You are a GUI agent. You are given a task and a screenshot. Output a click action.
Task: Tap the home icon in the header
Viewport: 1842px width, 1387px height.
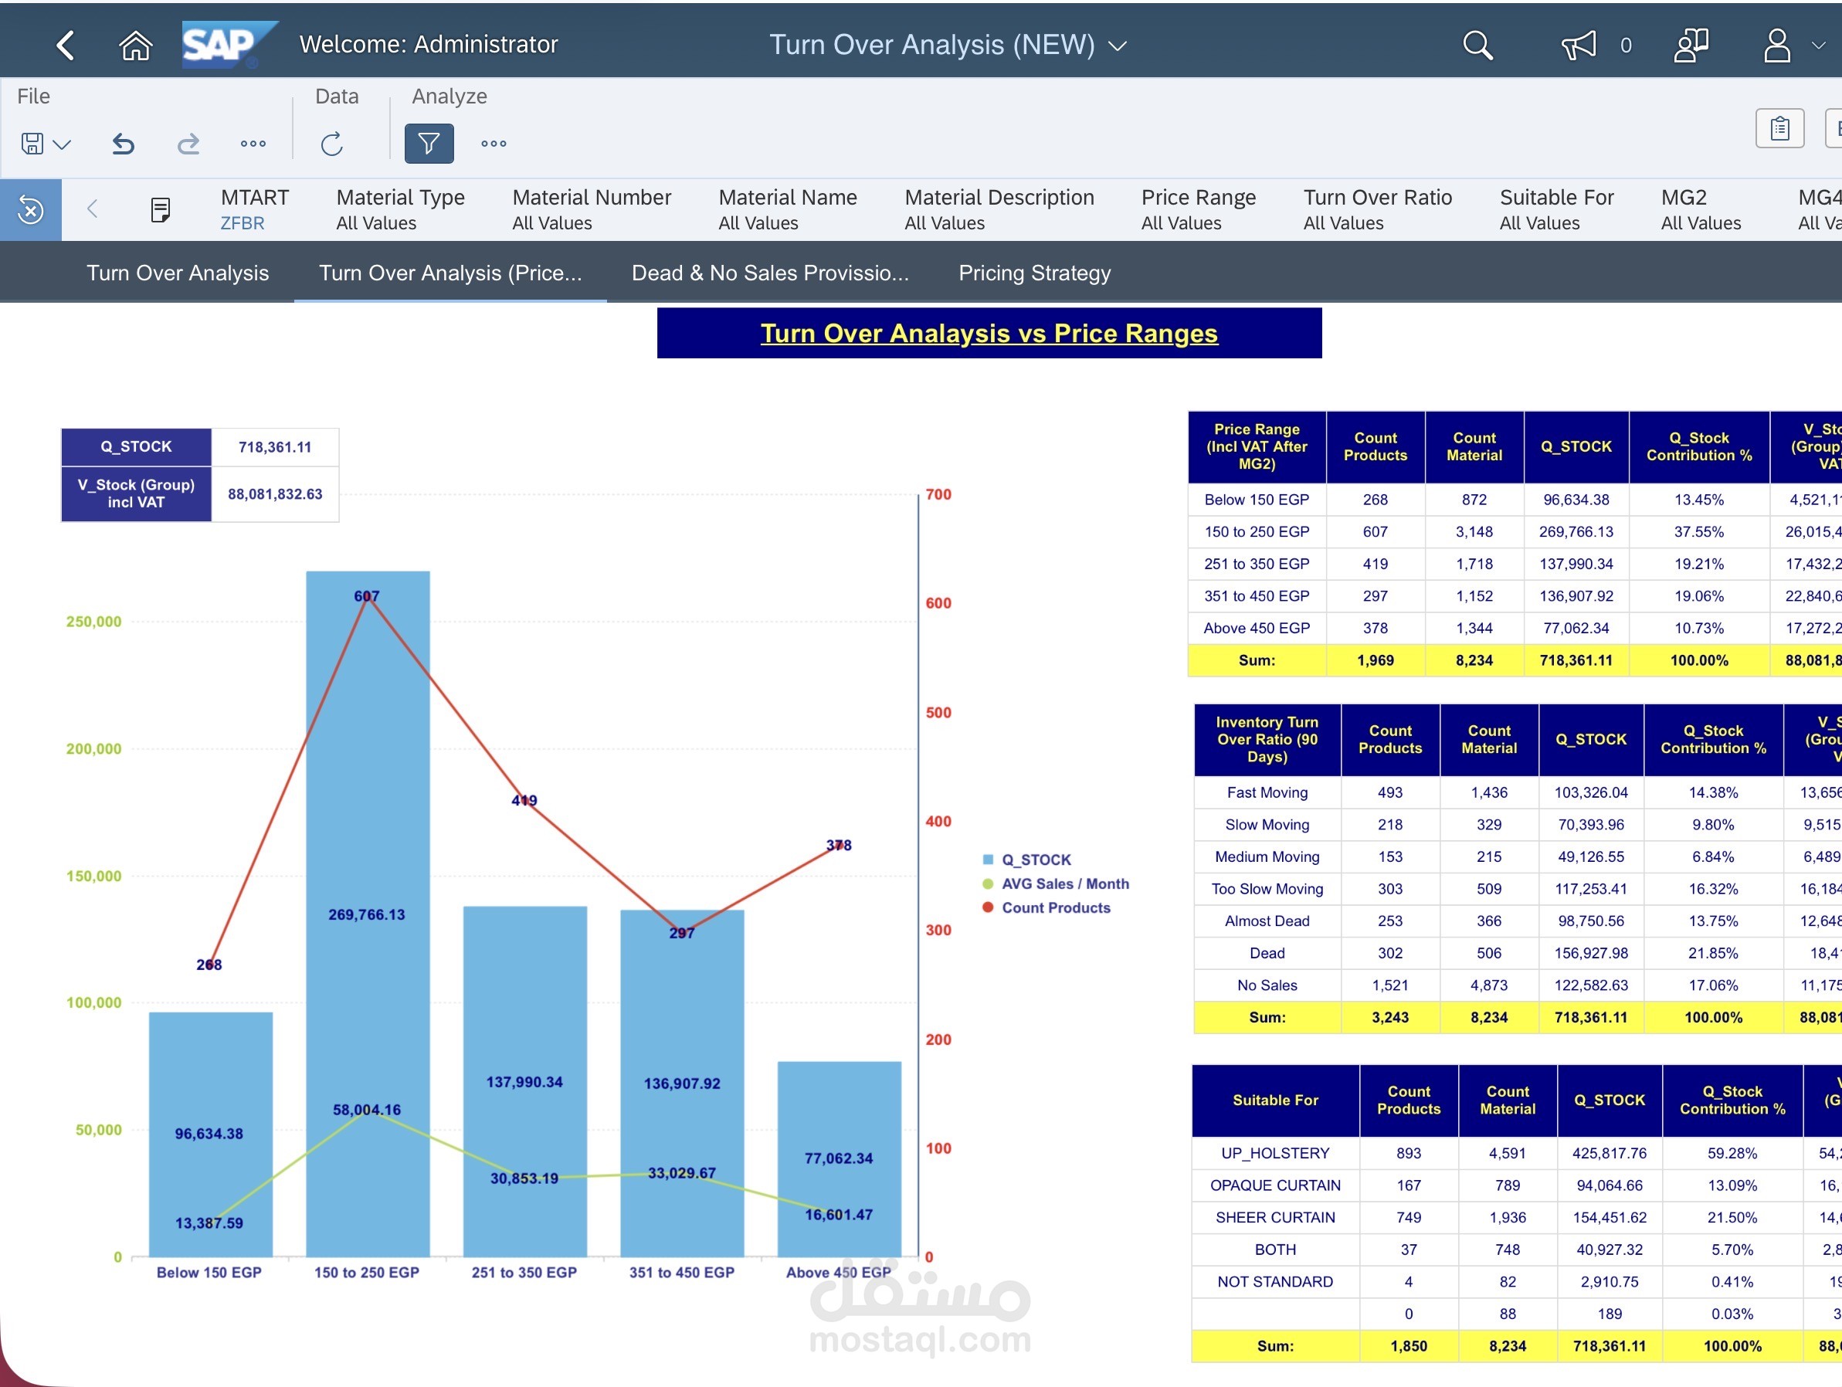136,45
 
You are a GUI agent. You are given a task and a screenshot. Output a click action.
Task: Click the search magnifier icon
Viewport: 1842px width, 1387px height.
1477,45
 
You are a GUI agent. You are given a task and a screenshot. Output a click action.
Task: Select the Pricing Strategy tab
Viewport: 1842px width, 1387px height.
1034,273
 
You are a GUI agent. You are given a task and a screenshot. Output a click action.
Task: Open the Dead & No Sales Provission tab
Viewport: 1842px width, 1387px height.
769,273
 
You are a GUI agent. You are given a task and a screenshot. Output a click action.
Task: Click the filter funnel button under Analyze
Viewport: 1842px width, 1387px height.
429,143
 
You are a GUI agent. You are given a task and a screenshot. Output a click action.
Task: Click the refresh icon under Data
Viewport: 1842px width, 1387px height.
331,143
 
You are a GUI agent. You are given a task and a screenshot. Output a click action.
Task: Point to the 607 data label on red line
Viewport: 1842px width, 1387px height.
366,596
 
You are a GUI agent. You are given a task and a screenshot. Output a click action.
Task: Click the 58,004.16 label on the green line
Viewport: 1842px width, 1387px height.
366,1110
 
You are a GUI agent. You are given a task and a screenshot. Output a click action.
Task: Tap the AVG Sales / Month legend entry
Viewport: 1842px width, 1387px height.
1064,884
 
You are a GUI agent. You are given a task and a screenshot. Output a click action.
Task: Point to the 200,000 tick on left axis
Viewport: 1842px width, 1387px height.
93,748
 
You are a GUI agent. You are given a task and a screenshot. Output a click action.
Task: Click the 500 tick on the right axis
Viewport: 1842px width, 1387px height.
938,713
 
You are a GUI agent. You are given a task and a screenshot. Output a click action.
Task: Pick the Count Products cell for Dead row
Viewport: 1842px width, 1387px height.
1390,953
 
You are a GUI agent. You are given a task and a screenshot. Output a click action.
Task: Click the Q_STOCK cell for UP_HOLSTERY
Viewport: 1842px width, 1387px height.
1609,1153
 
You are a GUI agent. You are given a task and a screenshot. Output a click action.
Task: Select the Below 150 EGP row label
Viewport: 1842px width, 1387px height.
1257,500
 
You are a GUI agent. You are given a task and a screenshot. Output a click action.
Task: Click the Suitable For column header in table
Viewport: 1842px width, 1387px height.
1275,1100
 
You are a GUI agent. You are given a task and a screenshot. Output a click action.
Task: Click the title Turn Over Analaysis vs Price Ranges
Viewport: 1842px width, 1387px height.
989,333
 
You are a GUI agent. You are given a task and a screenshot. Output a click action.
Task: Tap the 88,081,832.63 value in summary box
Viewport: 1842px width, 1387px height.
275,493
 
